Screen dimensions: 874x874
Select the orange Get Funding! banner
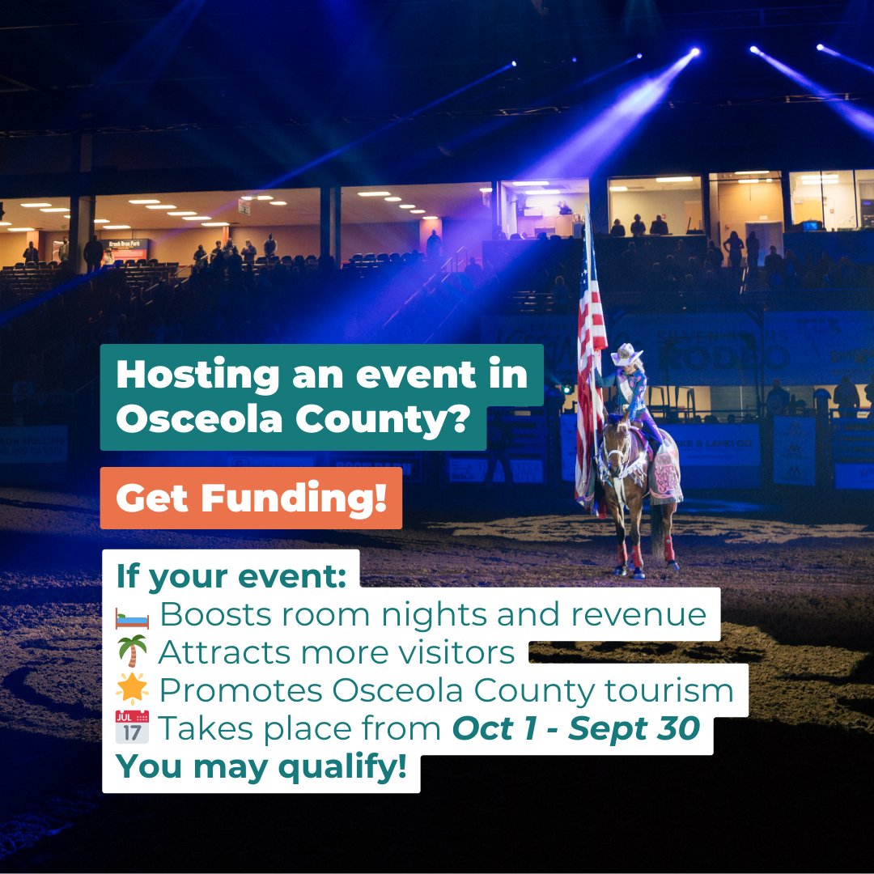251,499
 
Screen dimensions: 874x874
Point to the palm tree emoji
133,651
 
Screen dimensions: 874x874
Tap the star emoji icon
133,689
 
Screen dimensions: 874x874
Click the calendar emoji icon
133,727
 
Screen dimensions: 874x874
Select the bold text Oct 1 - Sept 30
575,728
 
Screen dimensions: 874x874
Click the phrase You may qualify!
261,766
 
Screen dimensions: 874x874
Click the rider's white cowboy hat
626,354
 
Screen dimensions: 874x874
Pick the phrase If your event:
231,577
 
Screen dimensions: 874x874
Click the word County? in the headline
382,421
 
